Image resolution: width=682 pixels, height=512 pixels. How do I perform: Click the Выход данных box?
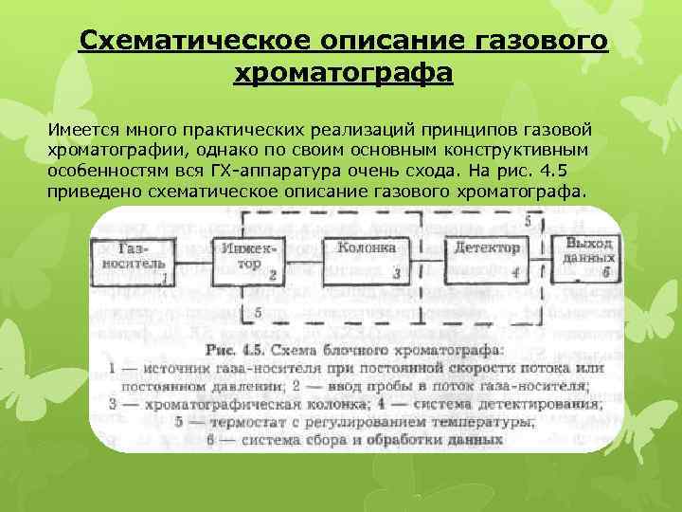[x=587, y=257]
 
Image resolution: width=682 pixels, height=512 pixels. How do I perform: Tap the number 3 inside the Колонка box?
[x=395, y=273]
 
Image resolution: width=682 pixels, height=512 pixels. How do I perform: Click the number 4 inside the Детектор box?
[x=514, y=273]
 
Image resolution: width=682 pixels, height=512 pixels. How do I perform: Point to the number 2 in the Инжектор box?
[x=272, y=276]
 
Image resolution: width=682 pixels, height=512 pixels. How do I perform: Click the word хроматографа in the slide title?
[x=342, y=74]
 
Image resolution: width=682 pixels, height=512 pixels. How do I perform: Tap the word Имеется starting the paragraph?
[x=80, y=127]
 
